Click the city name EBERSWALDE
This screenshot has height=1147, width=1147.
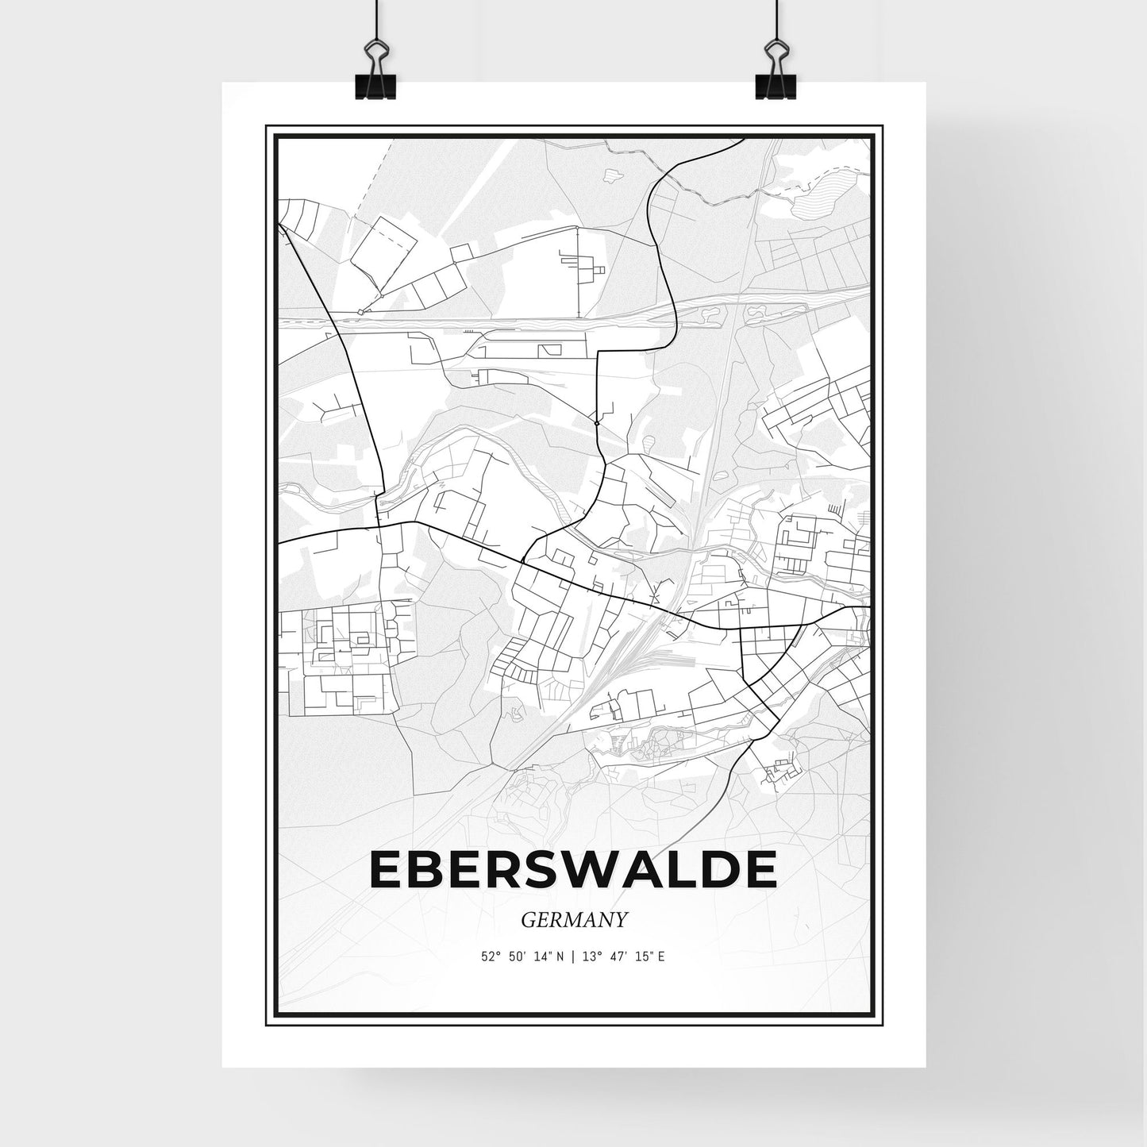click(573, 870)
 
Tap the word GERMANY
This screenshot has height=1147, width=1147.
click(574, 919)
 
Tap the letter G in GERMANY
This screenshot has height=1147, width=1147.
click(528, 919)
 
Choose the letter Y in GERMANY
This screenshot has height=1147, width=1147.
click(622, 919)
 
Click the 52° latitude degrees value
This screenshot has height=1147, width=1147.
click(490, 956)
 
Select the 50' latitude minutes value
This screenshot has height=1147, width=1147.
click(517, 956)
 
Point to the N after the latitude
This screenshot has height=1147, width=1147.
click(560, 956)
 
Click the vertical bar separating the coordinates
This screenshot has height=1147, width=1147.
click(573, 956)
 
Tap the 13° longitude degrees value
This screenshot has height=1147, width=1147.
click(590, 956)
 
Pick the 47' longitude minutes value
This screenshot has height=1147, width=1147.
click(617, 956)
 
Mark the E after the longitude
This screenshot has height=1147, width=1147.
click(660, 956)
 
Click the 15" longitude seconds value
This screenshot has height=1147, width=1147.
click(642, 956)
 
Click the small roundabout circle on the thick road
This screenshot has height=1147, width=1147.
click(596, 424)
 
